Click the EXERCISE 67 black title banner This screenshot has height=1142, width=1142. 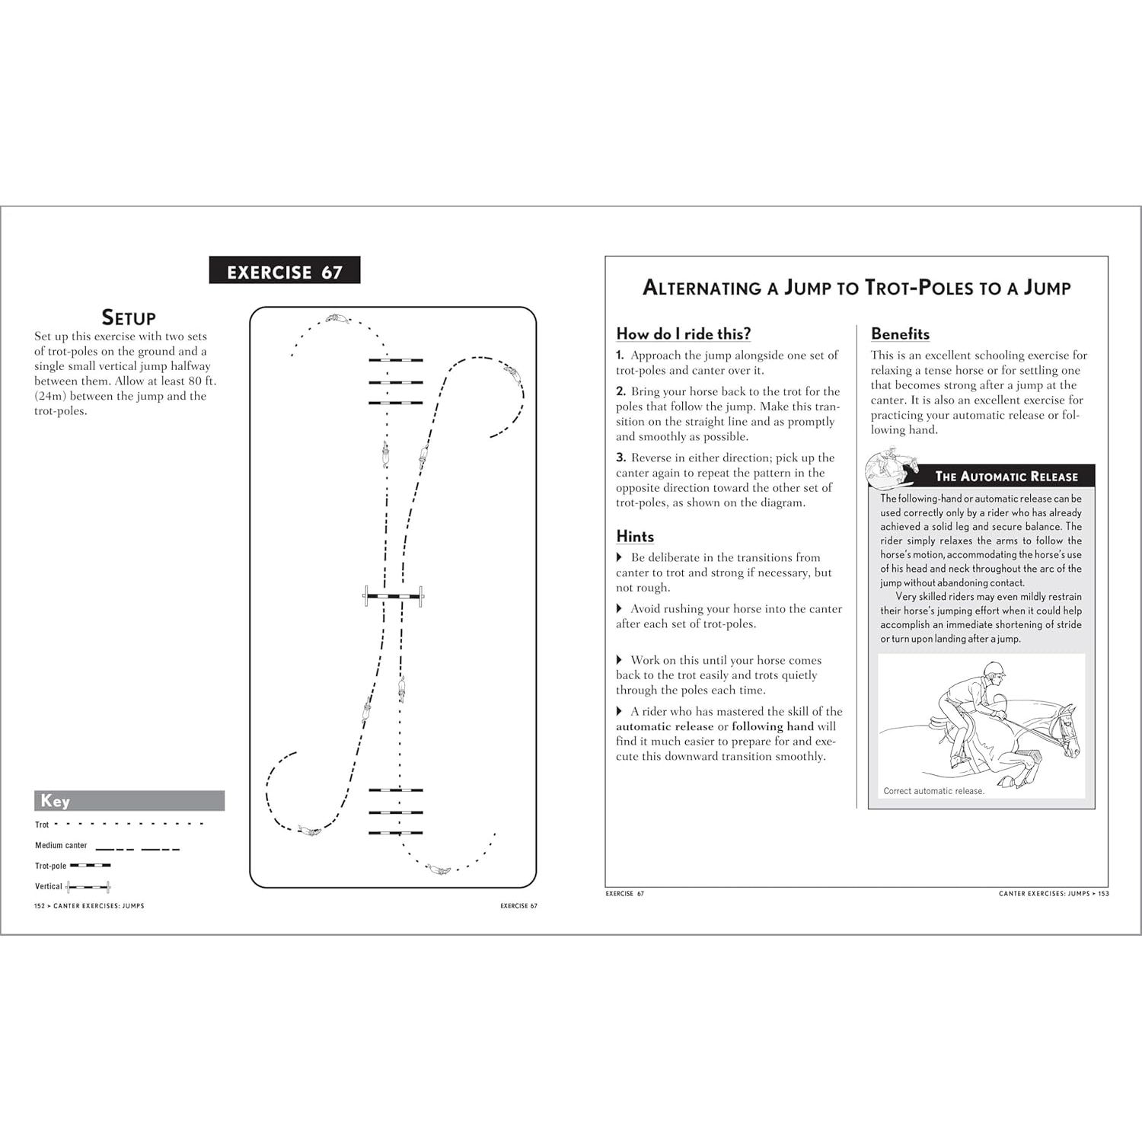284,271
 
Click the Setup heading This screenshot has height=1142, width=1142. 129,317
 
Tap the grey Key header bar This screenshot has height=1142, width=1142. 129,800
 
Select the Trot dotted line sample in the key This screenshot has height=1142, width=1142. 129,824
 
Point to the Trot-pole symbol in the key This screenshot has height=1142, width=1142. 90,866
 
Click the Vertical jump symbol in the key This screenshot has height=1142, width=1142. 88,887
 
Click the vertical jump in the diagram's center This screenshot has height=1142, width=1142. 394,596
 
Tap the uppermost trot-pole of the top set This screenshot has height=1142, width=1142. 395,359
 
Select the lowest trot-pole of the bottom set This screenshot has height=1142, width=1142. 395,833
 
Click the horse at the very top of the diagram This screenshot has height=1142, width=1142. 338,318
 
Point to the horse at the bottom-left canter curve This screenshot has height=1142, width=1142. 309,831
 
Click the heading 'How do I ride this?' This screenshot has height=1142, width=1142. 683,333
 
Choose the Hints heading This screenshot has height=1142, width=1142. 635,536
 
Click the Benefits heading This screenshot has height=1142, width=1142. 900,333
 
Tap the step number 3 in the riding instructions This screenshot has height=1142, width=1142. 620,458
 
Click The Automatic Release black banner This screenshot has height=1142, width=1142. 1005,477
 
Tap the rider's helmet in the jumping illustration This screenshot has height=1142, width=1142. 994,669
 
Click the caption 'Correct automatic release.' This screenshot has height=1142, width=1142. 933,791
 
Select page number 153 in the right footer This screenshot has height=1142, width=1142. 1103,894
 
